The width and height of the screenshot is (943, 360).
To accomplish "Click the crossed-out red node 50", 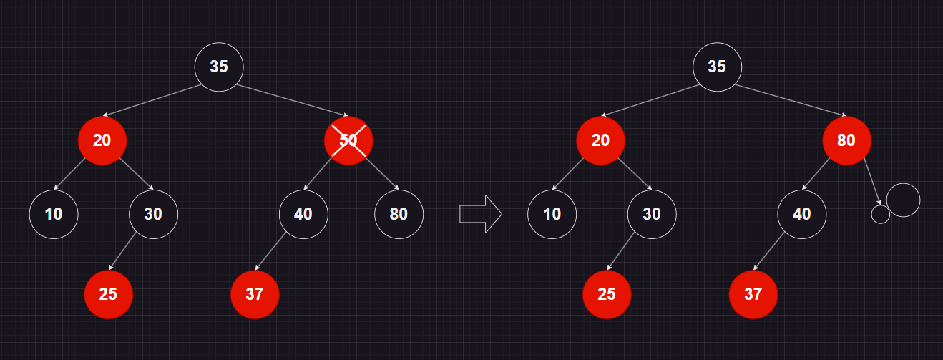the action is pyautogui.click(x=348, y=140).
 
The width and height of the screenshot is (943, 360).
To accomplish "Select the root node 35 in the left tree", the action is pyautogui.click(x=219, y=67).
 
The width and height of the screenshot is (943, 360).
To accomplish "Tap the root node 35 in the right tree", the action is pyautogui.click(x=717, y=67).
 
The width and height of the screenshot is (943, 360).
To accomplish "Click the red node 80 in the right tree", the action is pyautogui.click(x=846, y=140).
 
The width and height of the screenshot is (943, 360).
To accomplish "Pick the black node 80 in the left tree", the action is pyautogui.click(x=399, y=213).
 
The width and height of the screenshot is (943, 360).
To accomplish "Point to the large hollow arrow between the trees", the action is pyautogui.click(x=480, y=213).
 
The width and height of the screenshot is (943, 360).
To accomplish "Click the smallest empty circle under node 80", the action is pyautogui.click(x=881, y=214).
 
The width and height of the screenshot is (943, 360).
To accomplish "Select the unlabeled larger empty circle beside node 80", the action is pyautogui.click(x=903, y=200).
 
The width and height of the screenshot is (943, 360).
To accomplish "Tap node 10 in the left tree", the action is pyautogui.click(x=54, y=213).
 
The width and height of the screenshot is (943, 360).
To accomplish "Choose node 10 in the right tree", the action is pyautogui.click(x=552, y=213).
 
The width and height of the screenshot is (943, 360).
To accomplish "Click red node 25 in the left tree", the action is pyautogui.click(x=108, y=294).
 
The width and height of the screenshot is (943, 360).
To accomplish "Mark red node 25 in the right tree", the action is pyautogui.click(x=607, y=294).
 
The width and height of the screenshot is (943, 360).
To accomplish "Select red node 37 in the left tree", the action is pyautogui.click(x=254, y=294).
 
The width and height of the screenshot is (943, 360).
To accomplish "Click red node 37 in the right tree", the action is pyautogui.click(x=753, y=294).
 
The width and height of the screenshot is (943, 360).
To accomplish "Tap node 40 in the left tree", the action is pyautogui.click(x=303, y=213).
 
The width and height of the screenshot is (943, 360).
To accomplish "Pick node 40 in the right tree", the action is pyautogui.click(x=802, y=213).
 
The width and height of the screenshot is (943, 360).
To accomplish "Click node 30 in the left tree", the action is pyautogui.click(x=153, y=213).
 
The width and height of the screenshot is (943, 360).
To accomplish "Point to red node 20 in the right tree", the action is pyautogui.click(x=600, y=140).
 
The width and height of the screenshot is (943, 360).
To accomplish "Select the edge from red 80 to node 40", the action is pyautogui.click(x=817, y=173).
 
